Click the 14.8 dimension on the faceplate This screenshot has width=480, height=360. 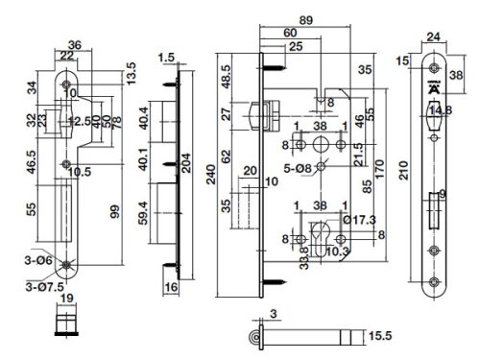(x=441, y=111)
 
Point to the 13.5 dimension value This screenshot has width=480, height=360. (x=120, y=72)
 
